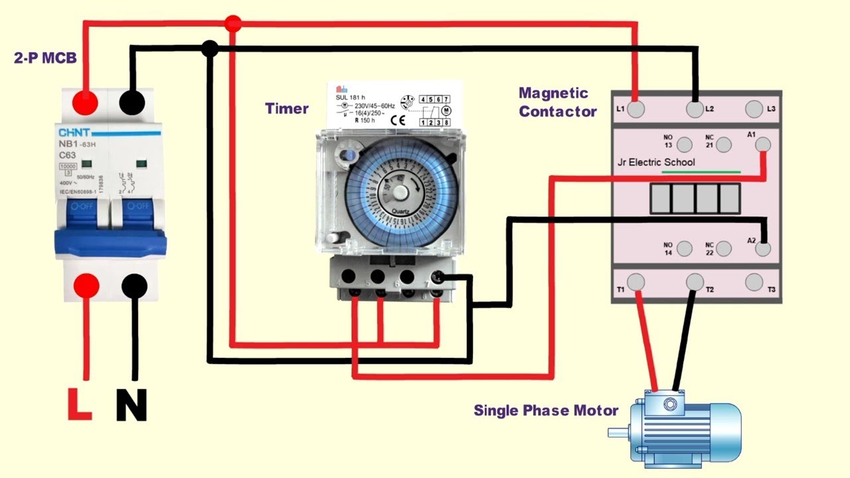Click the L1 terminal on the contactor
pyautogui.click(x=636, y=110)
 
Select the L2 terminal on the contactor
pyautogui.click(x=695, y=110)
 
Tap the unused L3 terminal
pyautogui.click(x=754, y=109)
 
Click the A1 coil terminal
pyautogui.click(x=764, y=144)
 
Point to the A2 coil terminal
pyautogui.click(x=764, y=249)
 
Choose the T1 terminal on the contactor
pyautogui.click(x=636, y=282)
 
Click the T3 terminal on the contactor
pyautogui.click(x=754, y=282)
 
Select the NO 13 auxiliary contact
pyautogui.click(x=687, y=145)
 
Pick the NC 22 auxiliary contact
pyautogui.click(x=724, y=249)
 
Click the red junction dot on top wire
pyautogui.click(x=232, y=24)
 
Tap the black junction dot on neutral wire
pyautogui.click(x=210, y=48)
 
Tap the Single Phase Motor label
pyautogui.click(x=545, y=410)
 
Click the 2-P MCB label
pyautogui.click(x=45, y=58)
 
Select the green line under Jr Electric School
pyautogui.click(x=701, y=172)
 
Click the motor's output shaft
pyautogui.click(x=618, y=434)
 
